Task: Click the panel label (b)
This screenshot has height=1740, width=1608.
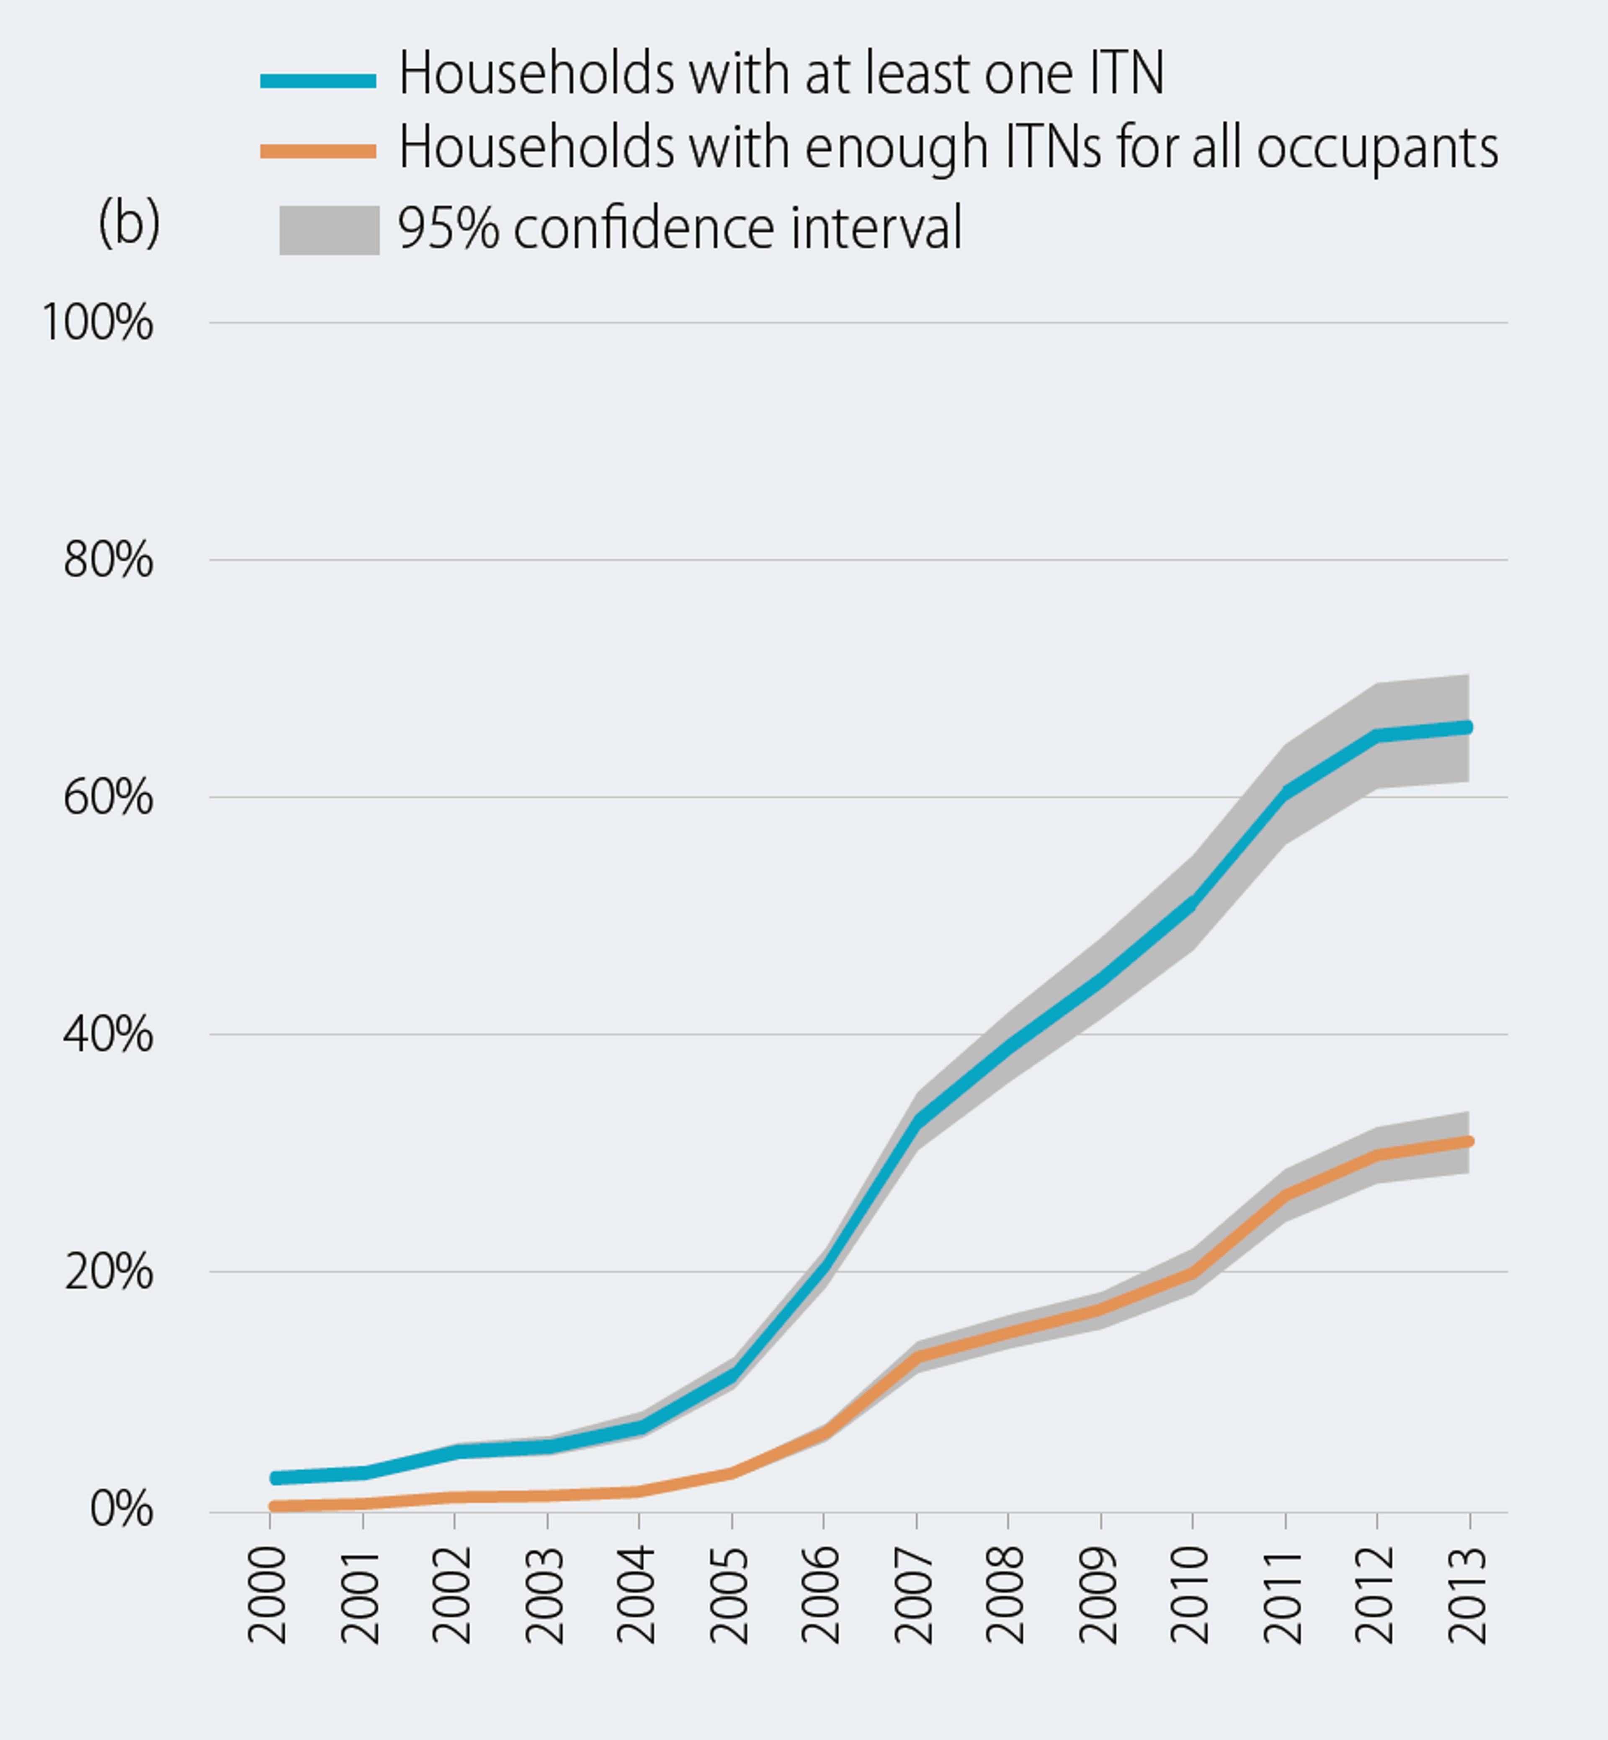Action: [x=129, y=223]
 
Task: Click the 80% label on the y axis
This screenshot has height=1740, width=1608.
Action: [x=108, y=560]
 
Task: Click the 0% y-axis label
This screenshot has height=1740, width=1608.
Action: [x=121, y=1511]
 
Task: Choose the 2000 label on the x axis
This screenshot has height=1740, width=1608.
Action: [x=268, y=1594]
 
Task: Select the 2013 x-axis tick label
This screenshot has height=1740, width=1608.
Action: [x=1469, y=1594]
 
